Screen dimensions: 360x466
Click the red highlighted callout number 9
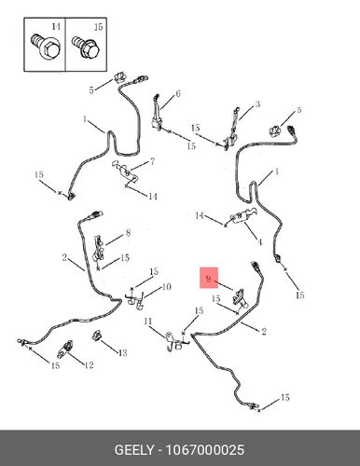click(x=208, y=279)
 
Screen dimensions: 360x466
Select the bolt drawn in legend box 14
click(x=47, y=47)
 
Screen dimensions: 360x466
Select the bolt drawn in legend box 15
click(x=85, y=48)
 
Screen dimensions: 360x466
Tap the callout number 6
click(x=178, y=93)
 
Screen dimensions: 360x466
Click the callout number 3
click(x=257, y=104)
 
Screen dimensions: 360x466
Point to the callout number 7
click(x=153, y=161)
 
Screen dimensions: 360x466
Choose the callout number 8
click(x=128, y=233)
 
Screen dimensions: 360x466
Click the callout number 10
click(x=167, y=286)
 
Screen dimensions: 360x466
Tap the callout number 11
click(x=148, y=321)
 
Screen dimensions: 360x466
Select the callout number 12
click(x=89, y=364)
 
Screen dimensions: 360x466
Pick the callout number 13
click(x=123, y=353)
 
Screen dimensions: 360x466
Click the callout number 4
click(x=260, y=242)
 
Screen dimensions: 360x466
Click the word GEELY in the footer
click(x=134, y=450)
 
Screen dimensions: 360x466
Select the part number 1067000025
click(x=205, y=450)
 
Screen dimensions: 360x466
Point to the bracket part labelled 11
click(x=176, y=341)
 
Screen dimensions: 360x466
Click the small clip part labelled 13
click(x=96, y=336)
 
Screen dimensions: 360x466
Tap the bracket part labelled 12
click(x=65, y=349)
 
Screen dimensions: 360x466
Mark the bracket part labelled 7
click(x=125, y=171)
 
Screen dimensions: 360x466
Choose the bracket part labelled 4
click(x=243, y=215)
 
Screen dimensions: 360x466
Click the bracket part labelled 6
click(x=158, y=114)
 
